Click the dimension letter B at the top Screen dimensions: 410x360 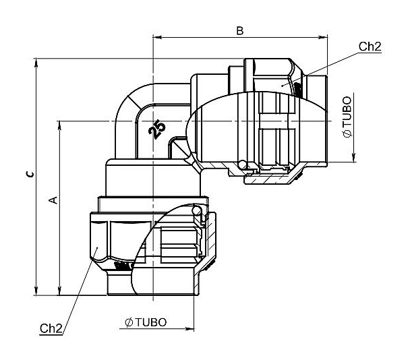tap(240, 30)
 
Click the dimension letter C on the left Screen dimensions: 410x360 tap(30, 175)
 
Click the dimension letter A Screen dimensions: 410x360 tap(53, 200)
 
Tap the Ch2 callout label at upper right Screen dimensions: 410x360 tap(370, 47)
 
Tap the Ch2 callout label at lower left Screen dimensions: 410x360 tap(51, 328)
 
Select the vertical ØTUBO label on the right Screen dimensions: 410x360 tap(347, 117)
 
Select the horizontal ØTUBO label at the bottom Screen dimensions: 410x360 tap(146, 322)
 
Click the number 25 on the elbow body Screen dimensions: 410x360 tap(157, 129)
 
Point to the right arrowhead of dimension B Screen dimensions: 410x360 tap(323, 37)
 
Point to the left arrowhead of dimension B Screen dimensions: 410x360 tap(157, 37)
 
